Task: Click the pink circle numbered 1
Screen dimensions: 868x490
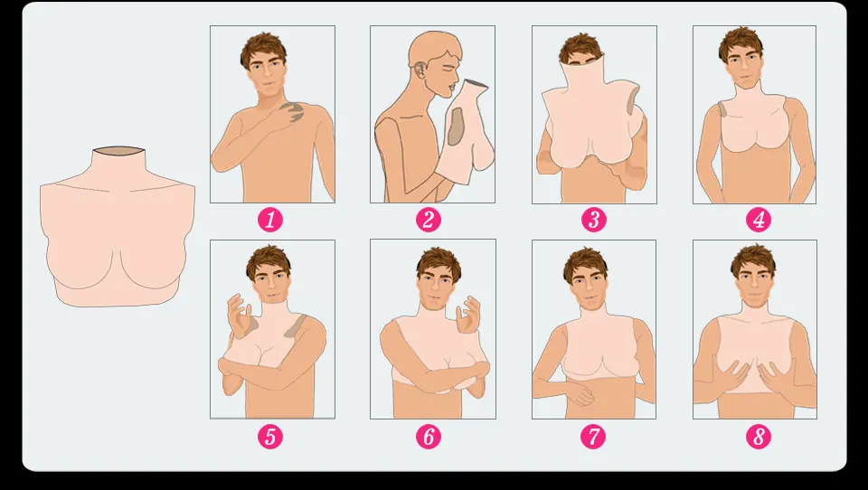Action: [270, 220]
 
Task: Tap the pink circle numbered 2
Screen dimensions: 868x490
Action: [429, 220]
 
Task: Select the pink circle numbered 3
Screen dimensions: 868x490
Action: [593, 220]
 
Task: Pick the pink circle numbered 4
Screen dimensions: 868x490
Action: [759, 220]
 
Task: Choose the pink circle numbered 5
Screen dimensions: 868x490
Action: [270, 437]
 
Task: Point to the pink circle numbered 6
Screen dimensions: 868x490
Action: [429, 437]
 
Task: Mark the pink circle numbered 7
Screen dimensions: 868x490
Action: [593, 437]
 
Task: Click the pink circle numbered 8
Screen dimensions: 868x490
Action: [759, 437]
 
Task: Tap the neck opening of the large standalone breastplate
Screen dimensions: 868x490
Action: [118, 150]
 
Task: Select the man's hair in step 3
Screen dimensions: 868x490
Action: [580, 48]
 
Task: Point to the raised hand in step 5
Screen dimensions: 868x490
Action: [238, 315]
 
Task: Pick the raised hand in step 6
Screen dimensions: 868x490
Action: [468, 315]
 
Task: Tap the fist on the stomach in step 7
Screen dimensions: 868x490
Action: [579, 394]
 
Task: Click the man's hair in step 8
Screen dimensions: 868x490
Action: [753, 259]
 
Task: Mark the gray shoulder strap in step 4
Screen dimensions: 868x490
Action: [723, 109]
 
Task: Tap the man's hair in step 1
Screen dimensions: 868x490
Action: [263, 48]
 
